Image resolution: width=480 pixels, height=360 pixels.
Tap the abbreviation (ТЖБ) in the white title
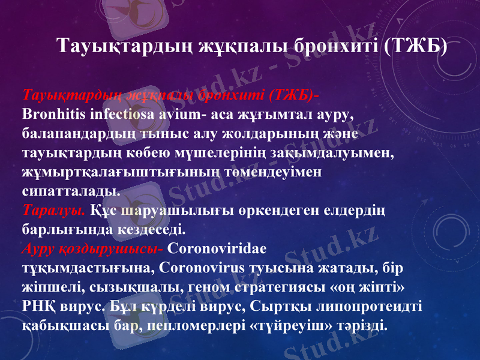coord(415,46)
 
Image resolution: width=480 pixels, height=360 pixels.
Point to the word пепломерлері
coord(194,326)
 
